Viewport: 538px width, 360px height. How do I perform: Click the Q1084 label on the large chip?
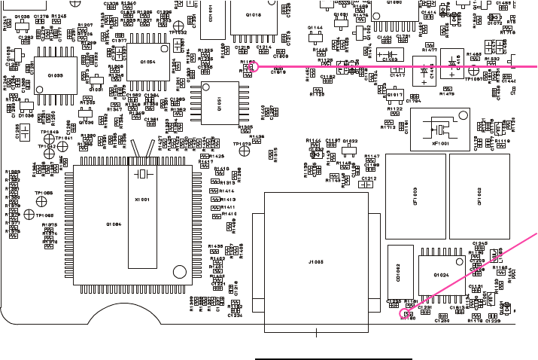pos(114,224)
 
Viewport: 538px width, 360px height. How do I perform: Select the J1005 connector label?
pos(315,261)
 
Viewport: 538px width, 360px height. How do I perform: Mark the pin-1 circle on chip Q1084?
pos(178,273)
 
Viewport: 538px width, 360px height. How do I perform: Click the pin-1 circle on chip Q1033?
pos(41,54)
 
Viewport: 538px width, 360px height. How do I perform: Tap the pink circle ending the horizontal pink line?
pos(254,66)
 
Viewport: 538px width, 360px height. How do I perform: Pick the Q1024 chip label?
pos(442,276)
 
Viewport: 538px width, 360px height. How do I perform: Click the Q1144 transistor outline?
pos(315,36)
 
